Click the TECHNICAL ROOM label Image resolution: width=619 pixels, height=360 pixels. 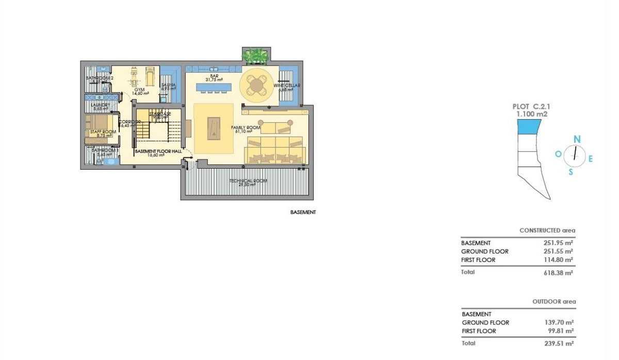coord(248,181)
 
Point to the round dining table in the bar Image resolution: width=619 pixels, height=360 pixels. coord(257,85)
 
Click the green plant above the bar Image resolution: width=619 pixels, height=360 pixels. coord(256,54)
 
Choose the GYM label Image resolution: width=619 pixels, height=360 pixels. coord(139,90)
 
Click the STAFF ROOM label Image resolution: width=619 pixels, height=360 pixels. coord(101,133)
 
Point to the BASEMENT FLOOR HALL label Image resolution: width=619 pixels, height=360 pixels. coord(158,152)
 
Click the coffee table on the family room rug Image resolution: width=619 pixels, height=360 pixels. coord(213,128)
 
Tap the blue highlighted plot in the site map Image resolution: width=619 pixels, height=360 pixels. coord(529,126)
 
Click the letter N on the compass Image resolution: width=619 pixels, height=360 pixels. coord(577,139)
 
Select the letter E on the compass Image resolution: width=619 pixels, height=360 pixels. coord(591,159)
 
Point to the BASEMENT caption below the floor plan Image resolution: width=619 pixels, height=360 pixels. coord(303,212)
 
